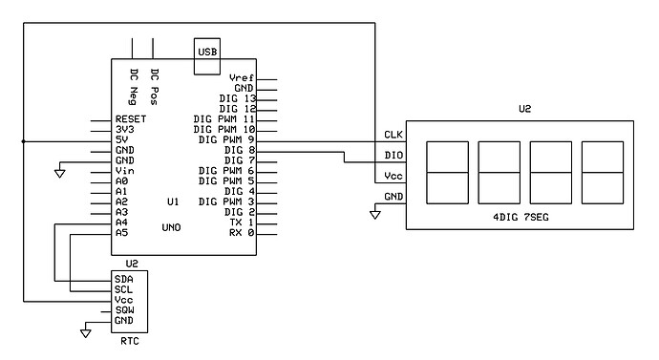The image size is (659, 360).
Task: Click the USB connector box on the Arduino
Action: click(x=206, y=56)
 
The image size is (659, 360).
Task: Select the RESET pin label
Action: click(x=129, y=120)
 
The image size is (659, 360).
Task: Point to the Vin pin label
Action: click(x=123, y=171)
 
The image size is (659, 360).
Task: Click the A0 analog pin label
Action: click(x=120, y=181)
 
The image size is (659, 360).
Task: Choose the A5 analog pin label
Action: click(x=120, y=232)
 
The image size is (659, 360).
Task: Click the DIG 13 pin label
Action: click(x=237, y=99)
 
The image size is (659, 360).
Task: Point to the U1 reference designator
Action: click(x=172, y=201)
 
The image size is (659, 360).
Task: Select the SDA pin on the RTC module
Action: click(x=124, y=280)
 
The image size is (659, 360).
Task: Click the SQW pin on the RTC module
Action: click(x=124, y=310)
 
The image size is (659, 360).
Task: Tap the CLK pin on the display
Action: click(x=393, y=135)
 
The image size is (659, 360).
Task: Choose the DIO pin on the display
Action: click(x=393, y=155)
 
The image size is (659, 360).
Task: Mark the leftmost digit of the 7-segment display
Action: click(x=447, y=173)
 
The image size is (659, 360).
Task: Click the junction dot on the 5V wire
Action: click(x=23, y=140)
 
